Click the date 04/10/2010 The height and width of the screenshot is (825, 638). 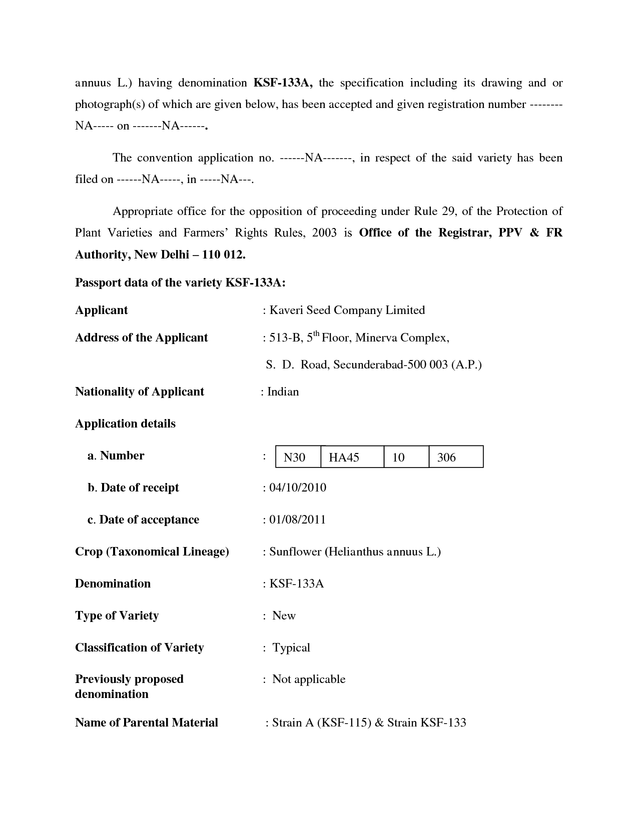pyautogui.click(x=298, y=487)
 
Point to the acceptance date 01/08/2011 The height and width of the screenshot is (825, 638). pyautogui.click(x=298, y=519)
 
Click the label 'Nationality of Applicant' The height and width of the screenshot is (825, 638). pyautogui.click(x=140, y=391)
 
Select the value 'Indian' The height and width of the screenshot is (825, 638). pyautogui.click(x=283, y=391)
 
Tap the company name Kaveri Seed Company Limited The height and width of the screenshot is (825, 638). pyautogui.click(x=347, y=310)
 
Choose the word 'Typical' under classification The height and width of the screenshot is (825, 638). pyautogui.click(x=291, y=647)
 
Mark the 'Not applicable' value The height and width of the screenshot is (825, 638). pyautogui.click(x=309, y=679)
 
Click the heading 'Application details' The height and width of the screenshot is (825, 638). pyautogui.click(x=125, y=423)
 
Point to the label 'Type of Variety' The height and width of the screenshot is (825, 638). pyautogui.click(x=117, y=615)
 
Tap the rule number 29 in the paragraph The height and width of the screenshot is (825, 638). pyautogui.click(x=447, y=211)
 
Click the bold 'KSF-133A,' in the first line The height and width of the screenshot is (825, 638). pyautogui.click(x=283, y=82)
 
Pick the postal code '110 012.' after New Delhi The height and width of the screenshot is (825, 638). pyautogui.click(x=225, y=254)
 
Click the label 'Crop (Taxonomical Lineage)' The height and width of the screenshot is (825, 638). pyautogui.click(x=152, y=551)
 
